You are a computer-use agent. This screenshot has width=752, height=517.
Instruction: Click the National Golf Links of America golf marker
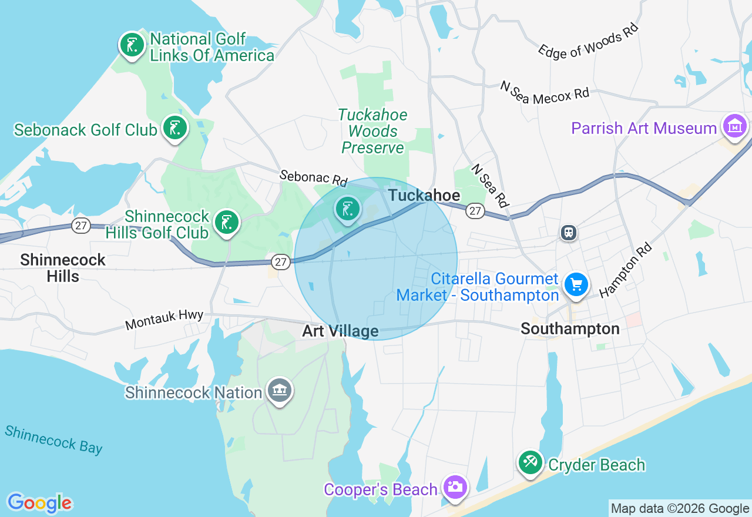tap(132, 45)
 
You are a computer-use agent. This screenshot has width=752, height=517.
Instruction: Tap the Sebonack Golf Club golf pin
tap(174, 127)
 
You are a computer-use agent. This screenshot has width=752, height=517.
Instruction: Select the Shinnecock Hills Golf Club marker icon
tap(227, 222)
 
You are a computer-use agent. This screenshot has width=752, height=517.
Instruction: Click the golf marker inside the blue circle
tap(348, 209)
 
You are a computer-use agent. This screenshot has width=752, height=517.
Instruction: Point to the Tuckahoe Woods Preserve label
tap(372, 131)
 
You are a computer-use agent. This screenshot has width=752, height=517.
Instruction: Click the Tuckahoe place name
tap(425, 195)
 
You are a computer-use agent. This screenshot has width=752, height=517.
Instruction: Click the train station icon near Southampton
tap(568, 233)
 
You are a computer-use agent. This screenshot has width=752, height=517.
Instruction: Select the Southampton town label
tap(570, 328)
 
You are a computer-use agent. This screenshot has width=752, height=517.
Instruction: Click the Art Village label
tap(340, 331)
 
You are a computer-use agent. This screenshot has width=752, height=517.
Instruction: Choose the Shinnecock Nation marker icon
tap(280, 390)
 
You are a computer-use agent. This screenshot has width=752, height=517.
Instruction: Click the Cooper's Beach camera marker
tap(455, 488)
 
